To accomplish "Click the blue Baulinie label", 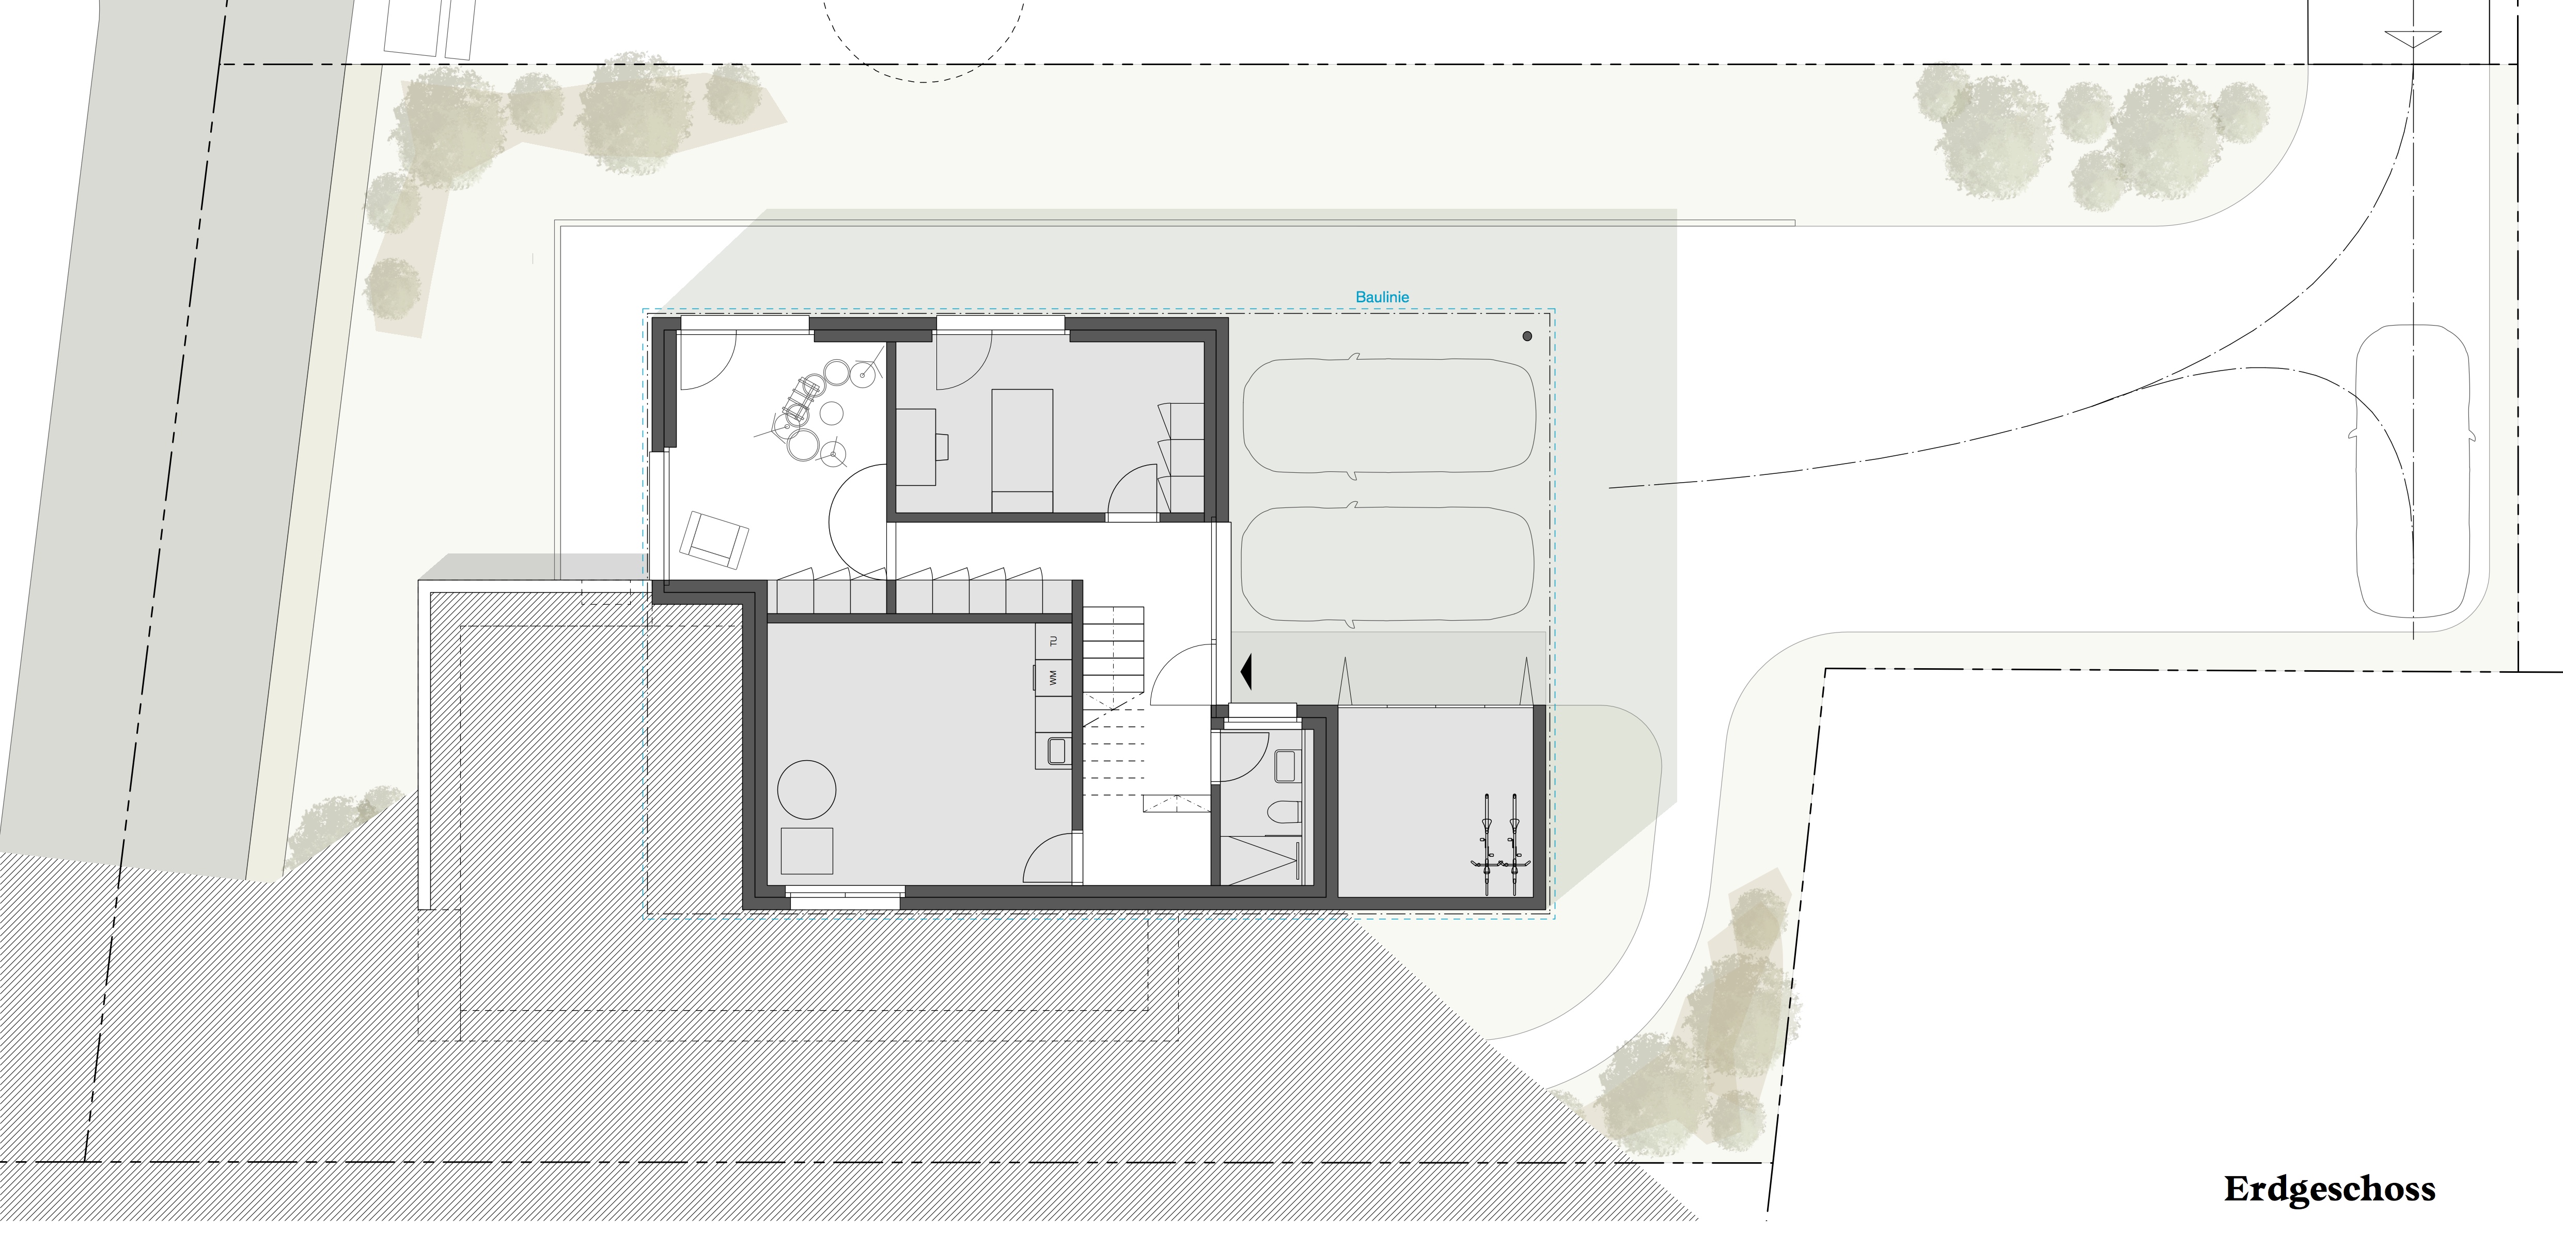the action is [x=1383, y=297].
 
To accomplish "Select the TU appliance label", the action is [x=1053, y=642].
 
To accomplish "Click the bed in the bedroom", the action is [x=1022, y=451].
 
